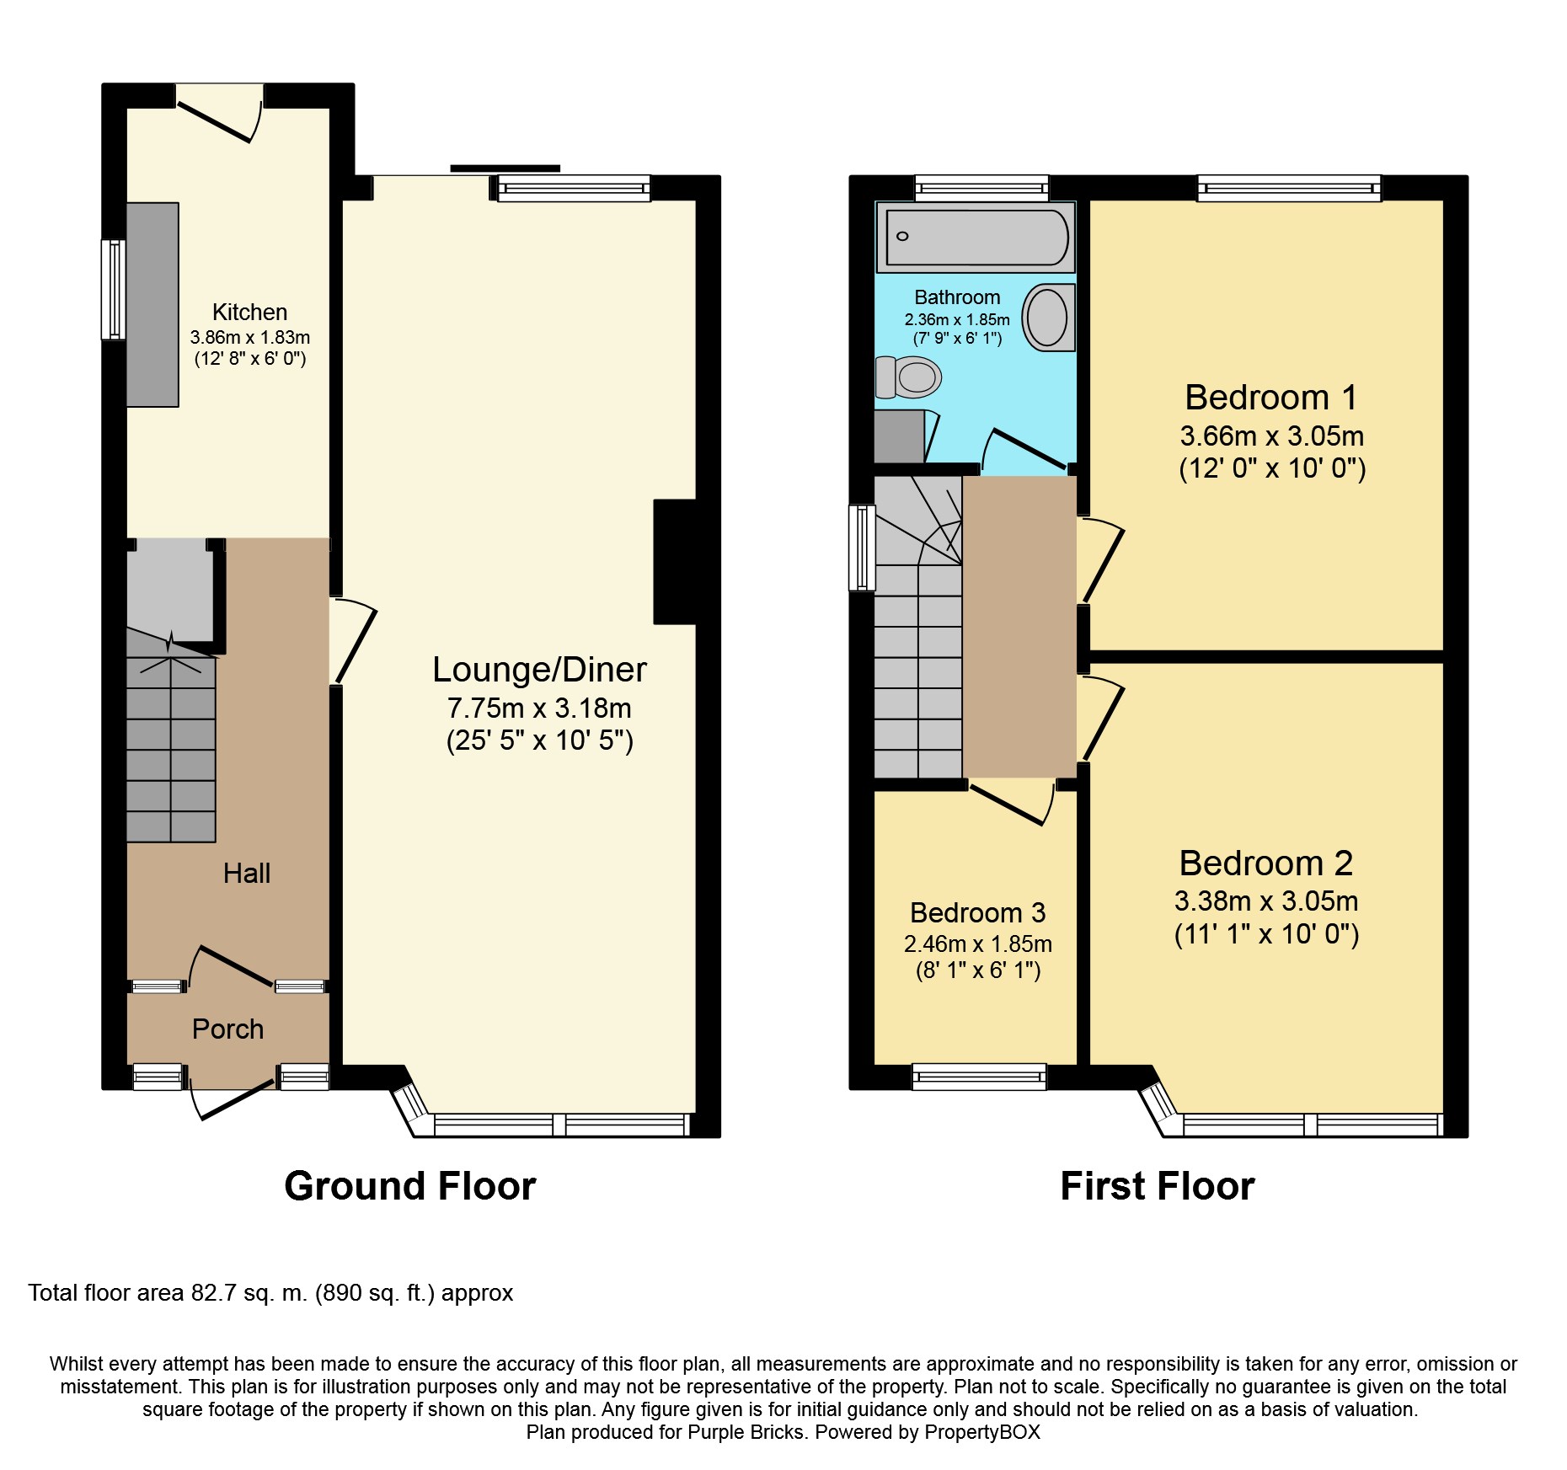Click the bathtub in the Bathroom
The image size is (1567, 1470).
point(976,237)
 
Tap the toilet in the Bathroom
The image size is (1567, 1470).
point(908,377)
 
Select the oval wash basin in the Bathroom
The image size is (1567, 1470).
point(1048,317)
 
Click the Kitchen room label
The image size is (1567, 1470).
point(250,313)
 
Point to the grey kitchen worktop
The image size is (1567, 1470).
point(152,304)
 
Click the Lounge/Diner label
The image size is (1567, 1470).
point(539,670)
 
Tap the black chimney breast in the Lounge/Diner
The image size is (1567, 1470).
point(675,562)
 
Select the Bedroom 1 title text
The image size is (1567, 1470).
point(1271,397)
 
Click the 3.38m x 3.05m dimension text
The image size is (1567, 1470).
point(1266,901)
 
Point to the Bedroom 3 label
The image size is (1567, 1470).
point(978,912)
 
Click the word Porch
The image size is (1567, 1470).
point(227,1029)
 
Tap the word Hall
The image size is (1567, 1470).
point(247,873)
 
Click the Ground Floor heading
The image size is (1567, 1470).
point(410,1186)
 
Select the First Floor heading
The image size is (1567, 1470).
point(1158,1186)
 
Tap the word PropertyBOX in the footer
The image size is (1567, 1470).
point(982,1432)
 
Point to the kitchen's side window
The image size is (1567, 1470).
point(114,290)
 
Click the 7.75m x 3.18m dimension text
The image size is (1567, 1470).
point(539,708)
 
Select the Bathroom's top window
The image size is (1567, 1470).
point(982,188)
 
